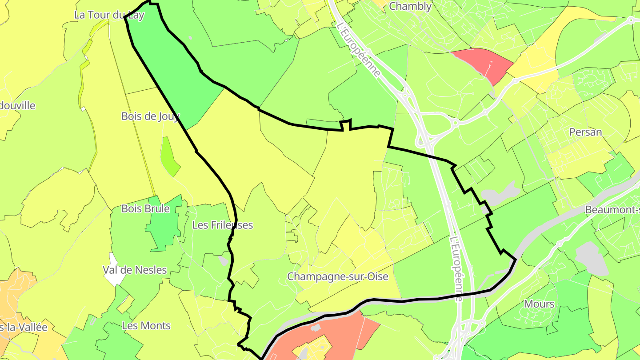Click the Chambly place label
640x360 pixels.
(410, 6)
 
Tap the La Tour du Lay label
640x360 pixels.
(109, 15)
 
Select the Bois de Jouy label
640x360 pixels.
(150, 116)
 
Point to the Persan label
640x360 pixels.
(586, 132)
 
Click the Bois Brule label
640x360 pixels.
(145, 208)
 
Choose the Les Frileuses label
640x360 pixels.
(222, 225)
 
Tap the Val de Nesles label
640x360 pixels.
(135, 270)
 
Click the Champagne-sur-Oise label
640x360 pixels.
(337, 276)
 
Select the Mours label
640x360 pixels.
(539, 304)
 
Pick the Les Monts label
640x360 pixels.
(146, 326)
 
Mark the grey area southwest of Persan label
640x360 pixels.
(500, 194)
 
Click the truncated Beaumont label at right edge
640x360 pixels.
(612, 209)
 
